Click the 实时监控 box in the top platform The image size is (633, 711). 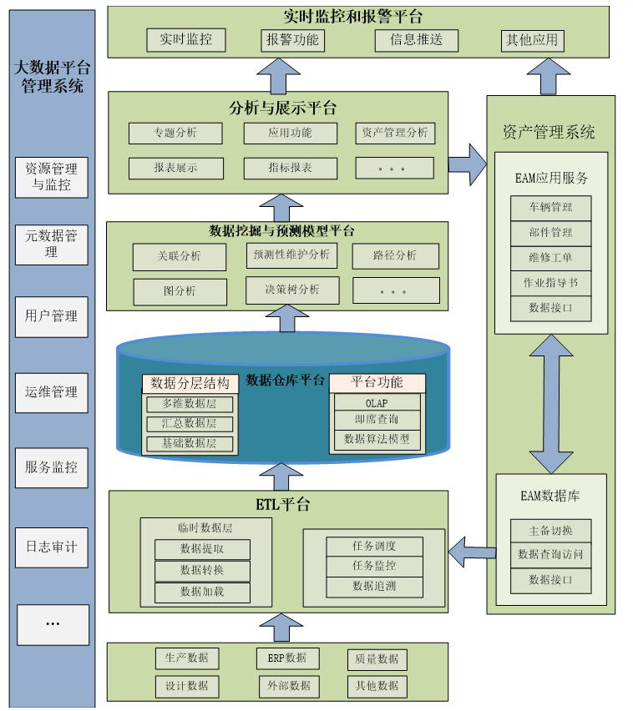coord(186,39)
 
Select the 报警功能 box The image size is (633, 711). coord(292,39)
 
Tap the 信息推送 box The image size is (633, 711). coord(416,39)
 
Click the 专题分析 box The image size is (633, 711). coord(175,133)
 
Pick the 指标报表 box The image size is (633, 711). coord(291,168)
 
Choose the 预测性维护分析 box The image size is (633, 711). coord(292,255)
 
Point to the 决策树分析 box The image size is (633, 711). coord(292,290)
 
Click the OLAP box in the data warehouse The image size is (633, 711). coord(377,403)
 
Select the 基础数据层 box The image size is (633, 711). coord(189,443)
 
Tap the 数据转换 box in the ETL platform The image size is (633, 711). coord(202,570)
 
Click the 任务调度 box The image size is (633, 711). coord(374,546)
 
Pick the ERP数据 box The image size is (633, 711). coord(287,658)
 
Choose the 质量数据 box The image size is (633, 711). coord(377,658)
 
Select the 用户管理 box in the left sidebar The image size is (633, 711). coord(51,316)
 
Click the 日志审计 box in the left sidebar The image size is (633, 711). coord(51,547)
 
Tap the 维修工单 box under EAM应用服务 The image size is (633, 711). coord(551,257)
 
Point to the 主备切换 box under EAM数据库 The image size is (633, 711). coord(551,531)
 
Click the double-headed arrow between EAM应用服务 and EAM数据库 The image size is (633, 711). coord(551,404)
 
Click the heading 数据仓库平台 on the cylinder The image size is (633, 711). coord(286,380)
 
